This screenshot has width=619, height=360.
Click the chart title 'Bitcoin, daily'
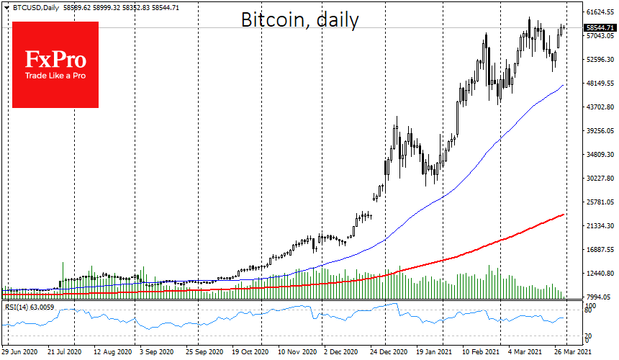pos(299,20)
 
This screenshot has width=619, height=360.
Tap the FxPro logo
pos(55,64)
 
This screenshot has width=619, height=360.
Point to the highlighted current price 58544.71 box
pos(599,28)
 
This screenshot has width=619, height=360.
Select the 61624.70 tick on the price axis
pos(599,12)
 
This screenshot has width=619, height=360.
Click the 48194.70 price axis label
pos(599,84)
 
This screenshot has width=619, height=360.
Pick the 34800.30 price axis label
pos(599,155)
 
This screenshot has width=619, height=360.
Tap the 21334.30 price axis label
pos(599,226)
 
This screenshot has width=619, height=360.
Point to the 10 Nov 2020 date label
pos(296,354)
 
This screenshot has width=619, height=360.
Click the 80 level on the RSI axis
pos(587,310)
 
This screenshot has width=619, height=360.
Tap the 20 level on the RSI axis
pos(587,336)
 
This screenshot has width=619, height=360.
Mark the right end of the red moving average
pos(563,214)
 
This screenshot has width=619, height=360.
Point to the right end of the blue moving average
pos(563,85)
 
